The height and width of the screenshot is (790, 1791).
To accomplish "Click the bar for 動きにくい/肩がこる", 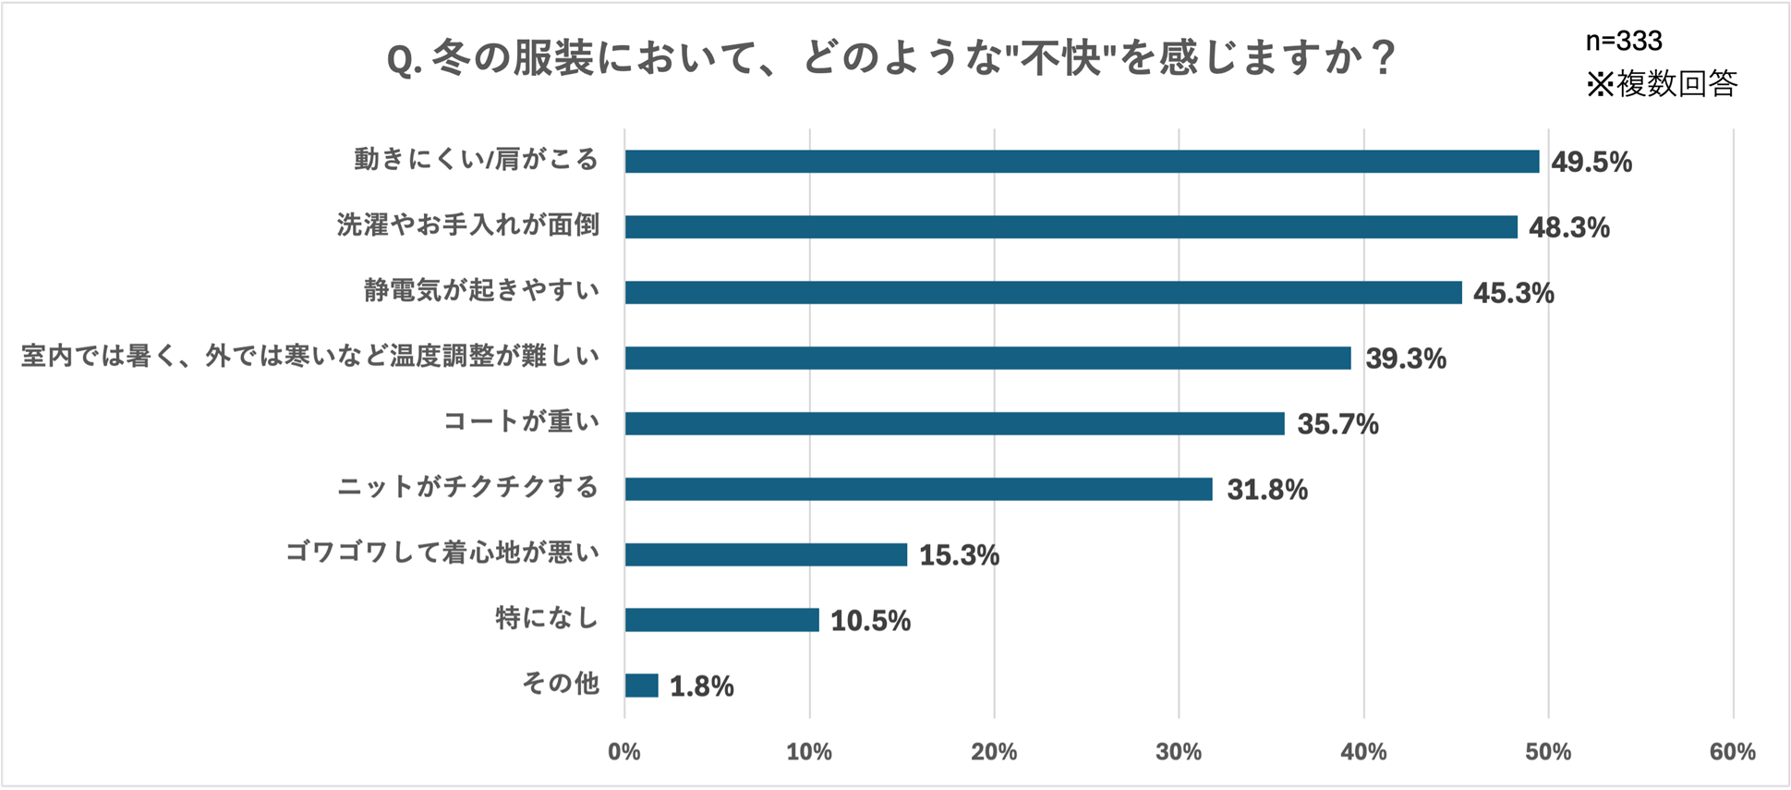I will (1081, 162).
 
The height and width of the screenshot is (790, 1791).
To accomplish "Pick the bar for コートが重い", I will (953, 423).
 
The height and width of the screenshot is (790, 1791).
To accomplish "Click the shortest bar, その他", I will (641, 686).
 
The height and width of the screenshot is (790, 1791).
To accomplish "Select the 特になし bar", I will (720, 620).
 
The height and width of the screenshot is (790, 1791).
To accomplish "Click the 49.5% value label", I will (1591, 163).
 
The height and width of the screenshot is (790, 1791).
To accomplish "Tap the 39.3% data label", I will (1405, 359).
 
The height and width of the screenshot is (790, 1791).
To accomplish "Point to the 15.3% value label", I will (959, 555).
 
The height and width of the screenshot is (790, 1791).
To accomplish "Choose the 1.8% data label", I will (701, 687).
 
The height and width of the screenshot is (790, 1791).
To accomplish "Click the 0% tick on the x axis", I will (624, 752).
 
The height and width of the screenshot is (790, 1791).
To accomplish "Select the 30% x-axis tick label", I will (1179, 752).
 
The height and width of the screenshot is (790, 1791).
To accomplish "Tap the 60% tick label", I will (1732, 752).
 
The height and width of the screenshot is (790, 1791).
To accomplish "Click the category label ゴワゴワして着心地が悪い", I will (442, 553).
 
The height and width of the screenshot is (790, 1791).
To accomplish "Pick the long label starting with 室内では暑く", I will (310, 357).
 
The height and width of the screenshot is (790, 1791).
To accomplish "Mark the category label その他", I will (561, 684).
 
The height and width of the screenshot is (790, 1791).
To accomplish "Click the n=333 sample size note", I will (1623, 41).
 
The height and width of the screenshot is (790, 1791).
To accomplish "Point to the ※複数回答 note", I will (1662, 84).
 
